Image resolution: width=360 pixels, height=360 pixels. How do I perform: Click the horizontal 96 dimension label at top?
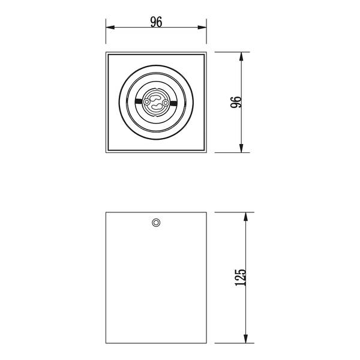tap(156, 22)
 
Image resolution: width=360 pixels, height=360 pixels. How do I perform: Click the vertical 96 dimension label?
tap(236, 102)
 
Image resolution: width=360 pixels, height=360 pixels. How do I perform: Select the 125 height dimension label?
tap(241, 277)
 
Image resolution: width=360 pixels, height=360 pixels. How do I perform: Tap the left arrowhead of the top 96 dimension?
tap(110, 28)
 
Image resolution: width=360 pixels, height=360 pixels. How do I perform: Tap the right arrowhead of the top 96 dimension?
tap(202, 28)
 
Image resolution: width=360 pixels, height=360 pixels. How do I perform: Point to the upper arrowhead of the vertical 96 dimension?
tap(241, 56)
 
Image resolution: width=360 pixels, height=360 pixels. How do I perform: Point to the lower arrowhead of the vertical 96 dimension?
tap(241, 148)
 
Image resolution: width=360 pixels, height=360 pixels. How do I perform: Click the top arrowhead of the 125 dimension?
tap(245, 217)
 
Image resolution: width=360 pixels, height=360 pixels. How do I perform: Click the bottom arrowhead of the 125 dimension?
tap(245, 339)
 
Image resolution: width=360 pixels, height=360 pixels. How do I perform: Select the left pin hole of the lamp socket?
tap(146, 102)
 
